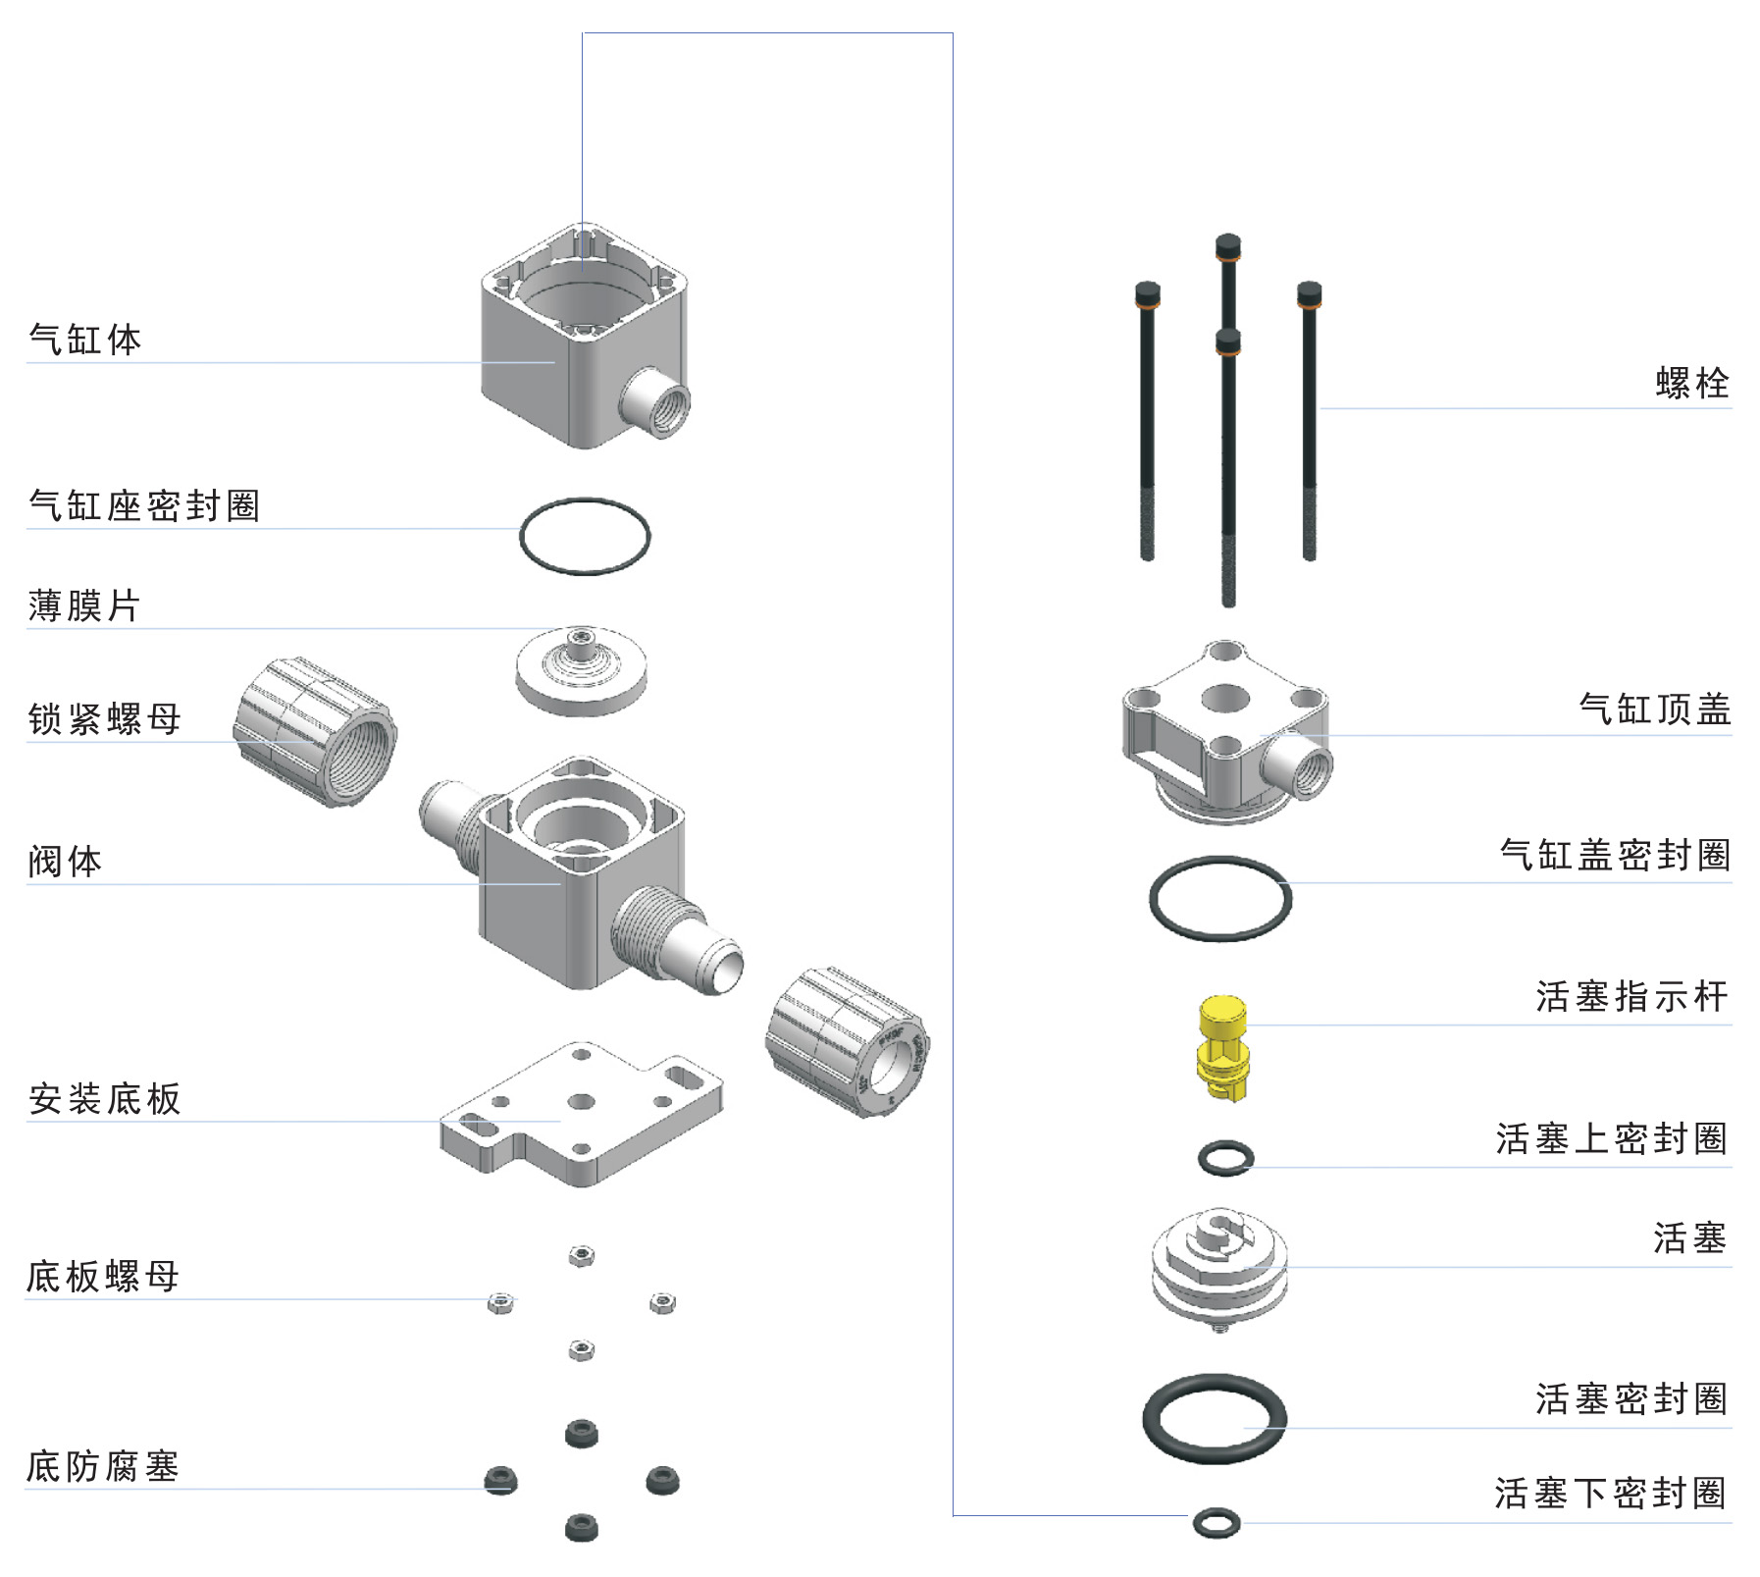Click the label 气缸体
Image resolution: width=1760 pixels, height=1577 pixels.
(x=85, y=340)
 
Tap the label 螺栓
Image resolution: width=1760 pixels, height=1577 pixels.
(x=1691, y=383)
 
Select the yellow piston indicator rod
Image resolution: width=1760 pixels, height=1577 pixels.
(x=1222, y=1047)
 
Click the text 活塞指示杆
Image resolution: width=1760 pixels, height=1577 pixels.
(x=1631, y=996)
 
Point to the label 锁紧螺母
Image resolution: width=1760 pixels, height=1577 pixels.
(x=105, y=718)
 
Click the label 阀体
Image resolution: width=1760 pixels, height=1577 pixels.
(x=65, y=861)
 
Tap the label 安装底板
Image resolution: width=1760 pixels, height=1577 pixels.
(x=105, y=1098)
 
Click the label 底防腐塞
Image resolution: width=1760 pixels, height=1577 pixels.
(x=103, y=1466)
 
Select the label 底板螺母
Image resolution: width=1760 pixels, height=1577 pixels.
(x=103, y=1276)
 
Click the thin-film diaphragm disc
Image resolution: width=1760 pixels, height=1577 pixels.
(x=581, y=669)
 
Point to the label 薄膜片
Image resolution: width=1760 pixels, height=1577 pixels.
(x=84, y=605)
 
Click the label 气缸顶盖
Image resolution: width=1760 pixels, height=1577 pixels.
(x=1654, y=709)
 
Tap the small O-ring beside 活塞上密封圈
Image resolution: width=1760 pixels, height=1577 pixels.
(x=1225, y=1158)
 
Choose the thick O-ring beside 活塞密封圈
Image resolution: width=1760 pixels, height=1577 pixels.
(x=1215, y=1419)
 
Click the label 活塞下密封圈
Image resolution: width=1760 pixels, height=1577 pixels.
(x=1610, y=1493)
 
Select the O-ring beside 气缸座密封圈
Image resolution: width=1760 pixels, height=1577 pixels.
(x=584, y=536)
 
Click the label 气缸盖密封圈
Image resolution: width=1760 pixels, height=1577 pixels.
(x=1615, y=854)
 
